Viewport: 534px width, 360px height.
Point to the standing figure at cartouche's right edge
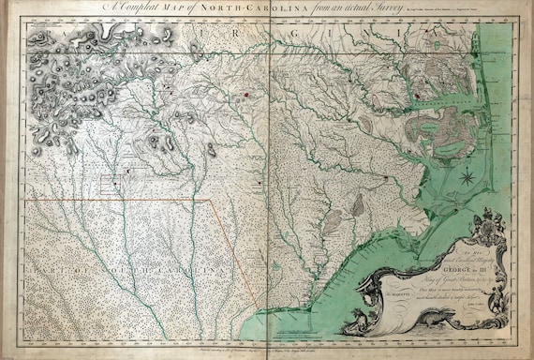click(x=520, y=281)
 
